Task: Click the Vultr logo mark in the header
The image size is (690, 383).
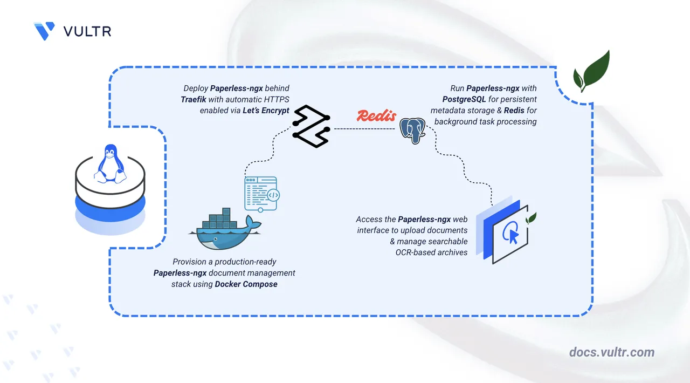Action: [x=44, y=31]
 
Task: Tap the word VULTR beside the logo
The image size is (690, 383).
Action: [x=87, y=31]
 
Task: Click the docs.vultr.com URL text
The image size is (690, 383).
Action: [x=612, y=352]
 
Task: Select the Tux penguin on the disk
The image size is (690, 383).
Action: [x=111, y=162]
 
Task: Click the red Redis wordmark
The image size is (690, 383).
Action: [x=376, y=115]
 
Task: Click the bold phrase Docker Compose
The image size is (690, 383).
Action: [x=246, y=284]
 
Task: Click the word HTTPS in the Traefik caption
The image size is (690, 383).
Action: [x=276, y=99]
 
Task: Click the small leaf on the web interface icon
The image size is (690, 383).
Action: [x=532, y=218]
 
